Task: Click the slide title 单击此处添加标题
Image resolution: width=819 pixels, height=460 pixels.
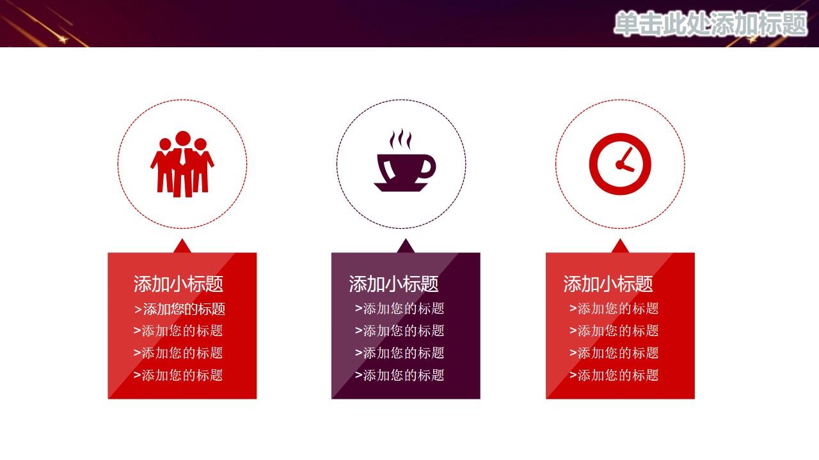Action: [x=710, y=24]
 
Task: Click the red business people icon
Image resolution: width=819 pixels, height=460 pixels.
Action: [x=182, y=164]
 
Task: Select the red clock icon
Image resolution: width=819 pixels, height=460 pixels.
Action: [x=619, y=164]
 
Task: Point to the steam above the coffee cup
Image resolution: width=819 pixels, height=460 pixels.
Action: [x=401, y=139]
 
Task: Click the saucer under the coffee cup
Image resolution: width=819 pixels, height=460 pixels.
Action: [x=401, y=187]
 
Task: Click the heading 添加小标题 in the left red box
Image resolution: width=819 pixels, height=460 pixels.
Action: [x=179, y=284]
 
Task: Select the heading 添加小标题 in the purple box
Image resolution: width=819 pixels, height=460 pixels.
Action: [x=394, y=284]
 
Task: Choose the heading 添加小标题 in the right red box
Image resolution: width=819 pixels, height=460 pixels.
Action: [x=608, y=284]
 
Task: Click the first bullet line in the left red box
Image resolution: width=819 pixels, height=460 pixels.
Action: [x=180, y=309]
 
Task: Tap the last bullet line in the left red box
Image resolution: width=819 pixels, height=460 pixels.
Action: [x=179, y=375]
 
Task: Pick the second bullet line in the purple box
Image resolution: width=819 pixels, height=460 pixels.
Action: [x=400, y=331]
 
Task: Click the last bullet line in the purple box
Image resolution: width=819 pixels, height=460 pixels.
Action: [x=400, y=375]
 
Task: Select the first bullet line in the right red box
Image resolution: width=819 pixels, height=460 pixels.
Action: [x=614, y=309]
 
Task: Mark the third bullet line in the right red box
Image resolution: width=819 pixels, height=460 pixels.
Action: [x=614, y=353]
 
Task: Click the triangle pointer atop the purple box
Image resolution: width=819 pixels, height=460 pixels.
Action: [x=405, y=247]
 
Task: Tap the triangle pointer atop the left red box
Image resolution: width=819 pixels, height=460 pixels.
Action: [x=182, y=247]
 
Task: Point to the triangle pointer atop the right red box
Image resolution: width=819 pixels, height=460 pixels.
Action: [x=619, y=247]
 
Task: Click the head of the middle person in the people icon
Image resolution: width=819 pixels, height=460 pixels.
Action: [x=183, y=139]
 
